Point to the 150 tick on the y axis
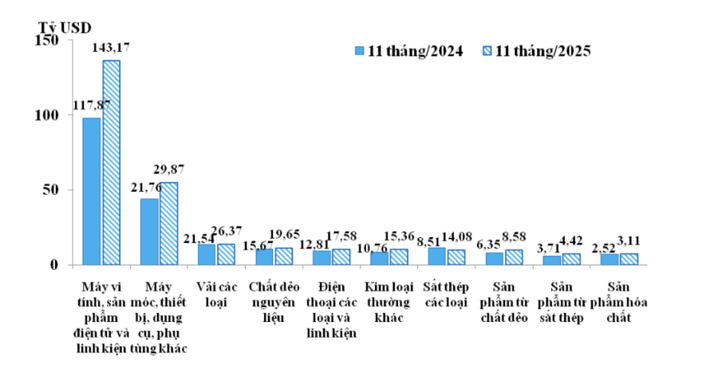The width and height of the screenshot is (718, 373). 49,41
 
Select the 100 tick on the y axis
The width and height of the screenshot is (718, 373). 49,115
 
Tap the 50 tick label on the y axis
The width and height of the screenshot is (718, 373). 53,190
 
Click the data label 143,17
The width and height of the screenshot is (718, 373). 112,47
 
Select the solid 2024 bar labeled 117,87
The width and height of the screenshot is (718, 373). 92,191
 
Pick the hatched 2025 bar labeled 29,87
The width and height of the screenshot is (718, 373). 168,223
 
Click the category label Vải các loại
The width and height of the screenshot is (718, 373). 216,293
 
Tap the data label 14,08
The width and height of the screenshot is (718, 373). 457,236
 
